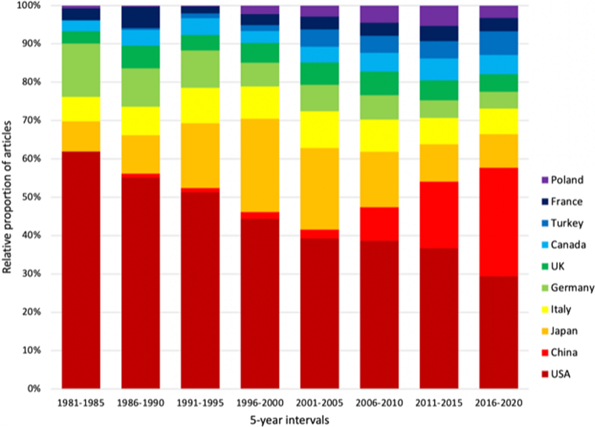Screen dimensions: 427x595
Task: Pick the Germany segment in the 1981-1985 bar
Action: pos(81,70)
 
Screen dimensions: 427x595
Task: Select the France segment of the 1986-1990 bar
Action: pos(140,17)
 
